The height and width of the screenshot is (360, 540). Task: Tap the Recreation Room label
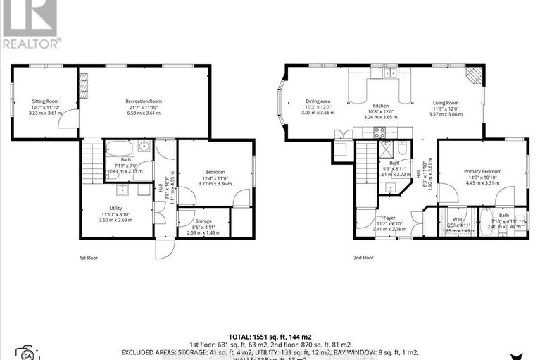click(x=144, y=101)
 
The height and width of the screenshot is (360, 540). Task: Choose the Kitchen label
click(x=380, y=106)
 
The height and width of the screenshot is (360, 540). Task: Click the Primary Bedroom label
click(x=481, y=171)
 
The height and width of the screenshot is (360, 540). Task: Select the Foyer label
click(x=389, y=218)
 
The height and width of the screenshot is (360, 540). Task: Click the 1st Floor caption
click(x=88, y=259)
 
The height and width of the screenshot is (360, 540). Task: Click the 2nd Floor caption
click(x=363, y=259)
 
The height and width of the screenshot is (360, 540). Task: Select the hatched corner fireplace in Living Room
click(x=476, y=75)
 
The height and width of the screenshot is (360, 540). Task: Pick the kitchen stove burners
click(x=379, y=131)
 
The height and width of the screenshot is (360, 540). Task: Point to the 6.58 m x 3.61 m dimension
click(x=144, y=113)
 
